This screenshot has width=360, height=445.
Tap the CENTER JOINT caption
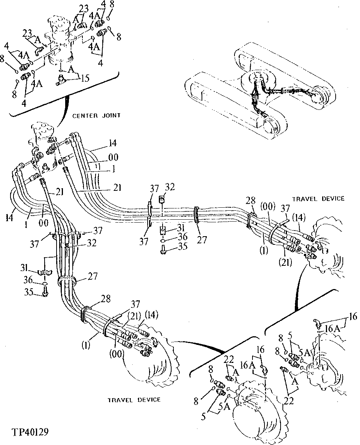[97, 115]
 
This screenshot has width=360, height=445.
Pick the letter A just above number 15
[69, 70]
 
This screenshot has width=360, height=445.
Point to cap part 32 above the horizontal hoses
[162, 199]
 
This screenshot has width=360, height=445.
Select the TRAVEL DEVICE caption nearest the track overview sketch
[318, 199]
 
